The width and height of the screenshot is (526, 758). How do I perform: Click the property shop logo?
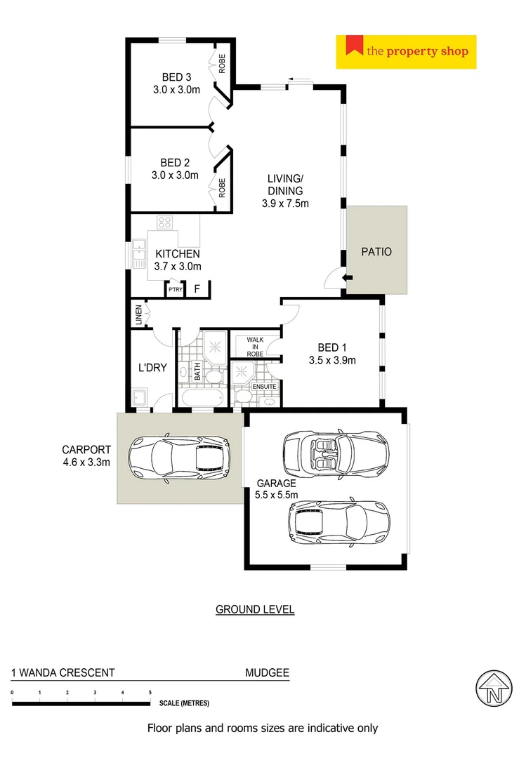[406, 51]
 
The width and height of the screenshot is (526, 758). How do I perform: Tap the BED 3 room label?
[177, 77]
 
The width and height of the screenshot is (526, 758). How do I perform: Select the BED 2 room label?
[176, 162]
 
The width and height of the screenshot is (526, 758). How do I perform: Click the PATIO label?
[376, 251]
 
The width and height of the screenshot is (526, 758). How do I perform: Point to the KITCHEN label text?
[178, 253]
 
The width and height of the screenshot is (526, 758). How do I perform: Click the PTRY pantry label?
[174, 288]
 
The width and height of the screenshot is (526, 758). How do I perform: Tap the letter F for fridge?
[197, 288]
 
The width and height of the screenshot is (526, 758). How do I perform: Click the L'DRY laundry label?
[152, 366]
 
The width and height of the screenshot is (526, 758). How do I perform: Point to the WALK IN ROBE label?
[254, 347]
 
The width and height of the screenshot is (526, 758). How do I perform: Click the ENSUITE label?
[265, 387]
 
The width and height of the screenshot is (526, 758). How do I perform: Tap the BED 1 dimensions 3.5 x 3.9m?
[332, 361]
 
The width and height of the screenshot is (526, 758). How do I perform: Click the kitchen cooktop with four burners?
[166, 222]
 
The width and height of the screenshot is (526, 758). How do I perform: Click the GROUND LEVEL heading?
[255, 609]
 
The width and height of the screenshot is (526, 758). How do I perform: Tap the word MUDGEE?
[267, 672]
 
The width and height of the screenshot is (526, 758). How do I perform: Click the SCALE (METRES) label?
[184, 703]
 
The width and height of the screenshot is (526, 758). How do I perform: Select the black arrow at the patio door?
[346, 279]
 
